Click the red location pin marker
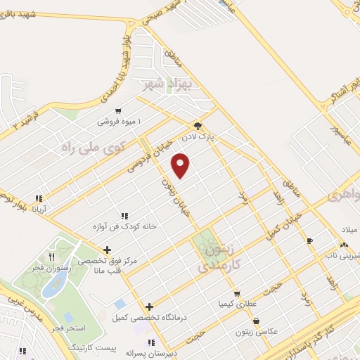(x=181, y=166)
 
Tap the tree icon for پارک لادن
(x=200, y=127)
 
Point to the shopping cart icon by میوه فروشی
(x=117, y=110)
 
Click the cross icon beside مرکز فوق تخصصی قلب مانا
(x=106, y=249)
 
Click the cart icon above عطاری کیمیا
(x=237, y=294)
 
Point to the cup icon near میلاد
(x=310, y=240)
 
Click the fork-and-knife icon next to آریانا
(x=39, y=198)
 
